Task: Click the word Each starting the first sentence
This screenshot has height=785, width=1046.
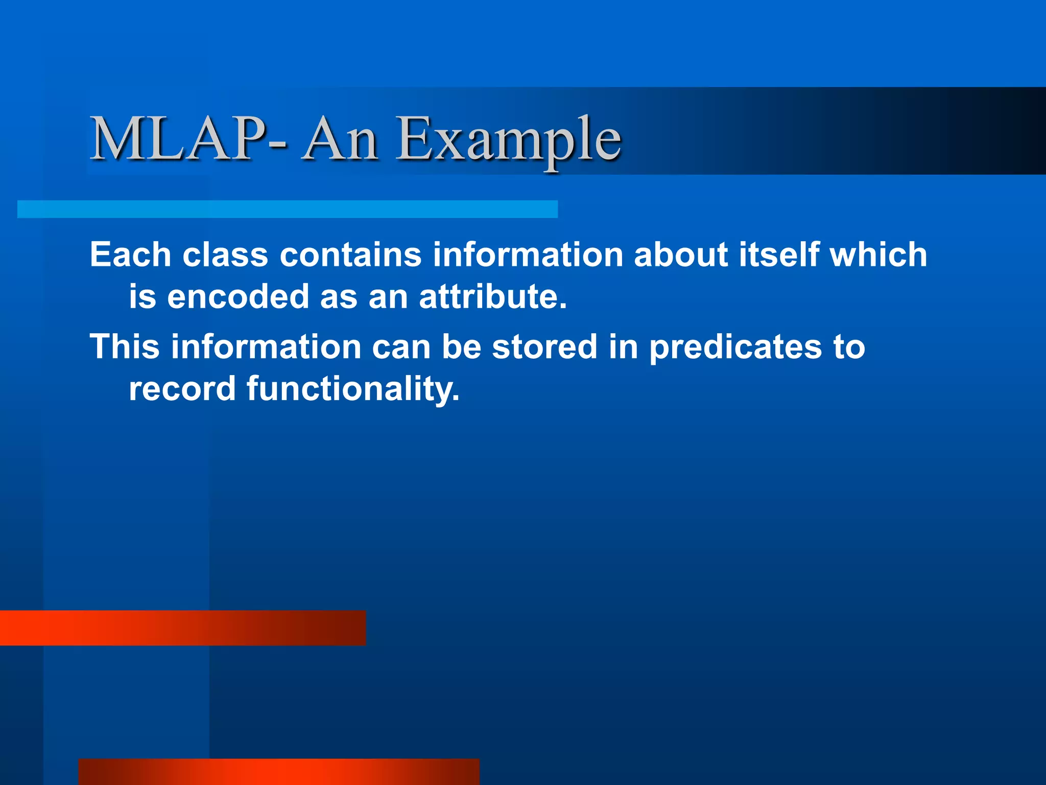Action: click(x=130, y=255)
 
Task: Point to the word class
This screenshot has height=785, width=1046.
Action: click(x=225, y=255)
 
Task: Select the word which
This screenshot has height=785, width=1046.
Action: click(x=878, y=255)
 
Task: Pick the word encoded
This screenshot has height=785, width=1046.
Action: click(x=238, y=296)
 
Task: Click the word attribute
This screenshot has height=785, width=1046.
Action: click(x=492, y=296)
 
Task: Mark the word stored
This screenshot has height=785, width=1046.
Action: click(x=544, y=347)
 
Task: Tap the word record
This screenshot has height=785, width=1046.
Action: click(x=182, y=389)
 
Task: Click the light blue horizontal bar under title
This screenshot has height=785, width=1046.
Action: click(x=287, y=209)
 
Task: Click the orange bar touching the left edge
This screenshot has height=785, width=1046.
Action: click(x=183, y=628)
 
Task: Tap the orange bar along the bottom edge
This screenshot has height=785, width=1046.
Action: click(x=279, y=772)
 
